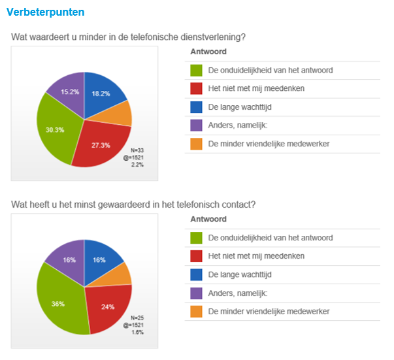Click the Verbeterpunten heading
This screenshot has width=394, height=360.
coord(45,12)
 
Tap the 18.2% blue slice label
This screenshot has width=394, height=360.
coord(101,93)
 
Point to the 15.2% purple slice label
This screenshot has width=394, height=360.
coord(70,92)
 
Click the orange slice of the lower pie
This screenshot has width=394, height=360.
coord(121,274)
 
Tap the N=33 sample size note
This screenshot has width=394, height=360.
coord(137,150)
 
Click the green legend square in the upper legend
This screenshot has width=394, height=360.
coord(196,70)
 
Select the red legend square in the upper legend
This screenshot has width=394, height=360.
coord(196,88)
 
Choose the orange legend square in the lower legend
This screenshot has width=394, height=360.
coord(196,311)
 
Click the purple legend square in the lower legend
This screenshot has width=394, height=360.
coord(196,293)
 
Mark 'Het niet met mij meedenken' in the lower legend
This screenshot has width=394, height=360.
coord(256,256)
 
